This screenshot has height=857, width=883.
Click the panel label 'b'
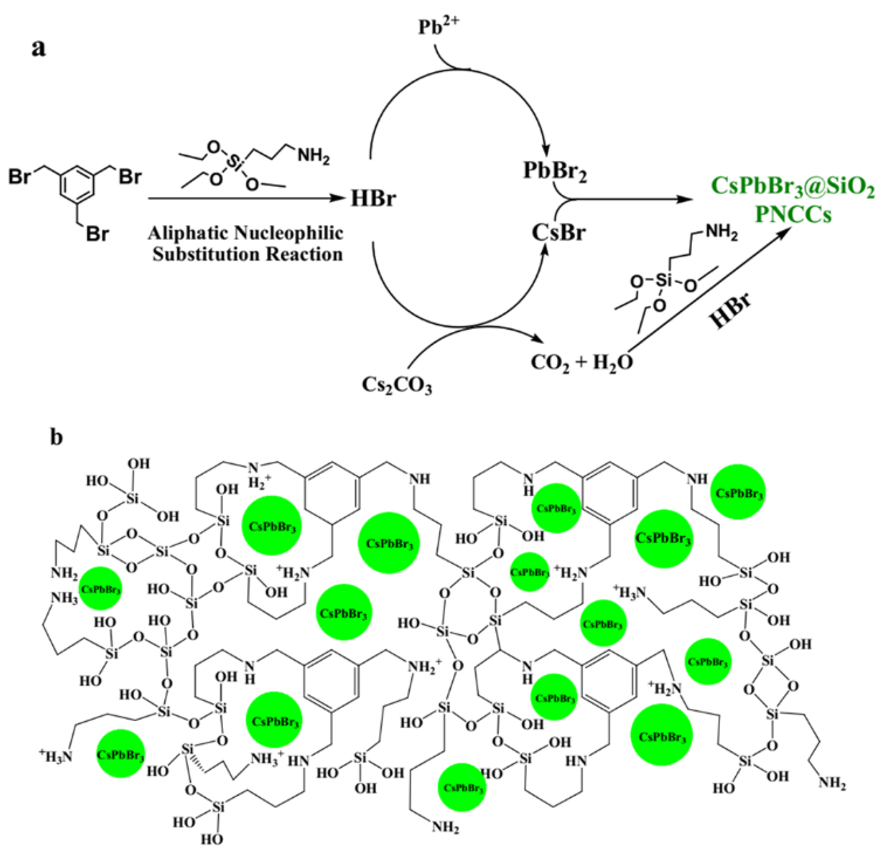point(56,437)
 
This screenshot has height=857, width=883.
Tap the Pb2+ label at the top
point(439,27)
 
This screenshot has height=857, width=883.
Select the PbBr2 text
point(555,172)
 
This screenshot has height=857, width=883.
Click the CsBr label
point(558,233)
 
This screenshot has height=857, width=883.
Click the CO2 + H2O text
point(581,362)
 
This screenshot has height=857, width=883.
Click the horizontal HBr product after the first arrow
point(373,198)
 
